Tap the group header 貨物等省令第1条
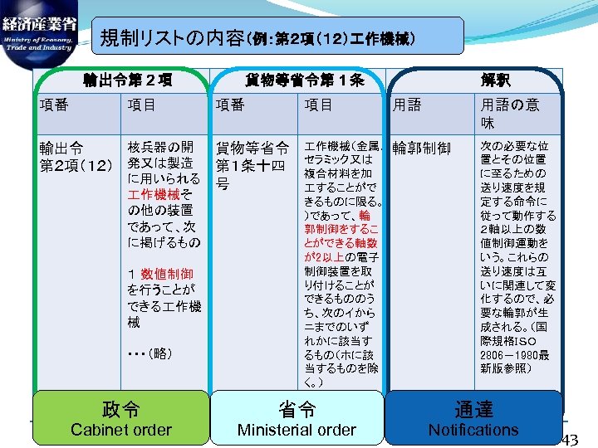[304, 80]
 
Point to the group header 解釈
[496, 80]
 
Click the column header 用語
[407, 105]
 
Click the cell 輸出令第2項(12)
[76, 156]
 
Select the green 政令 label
[121, 408]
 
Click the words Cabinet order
[121, 430]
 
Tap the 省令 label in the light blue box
[297, 408]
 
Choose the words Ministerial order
[297, 430]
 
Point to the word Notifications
[473, 430]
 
